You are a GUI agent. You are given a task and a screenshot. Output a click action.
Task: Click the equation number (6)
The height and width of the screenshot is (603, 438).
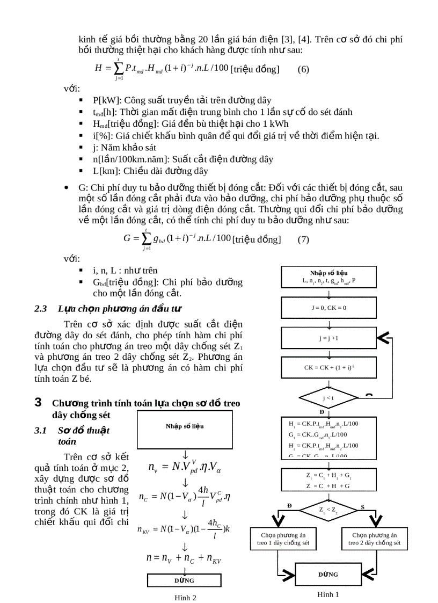click(x=303, y=69)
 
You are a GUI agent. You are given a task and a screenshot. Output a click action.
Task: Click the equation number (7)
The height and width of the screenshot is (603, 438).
click(x=303, y=239)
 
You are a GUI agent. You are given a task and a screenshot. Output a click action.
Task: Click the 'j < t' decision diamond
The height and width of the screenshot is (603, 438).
click(x=328, y=398)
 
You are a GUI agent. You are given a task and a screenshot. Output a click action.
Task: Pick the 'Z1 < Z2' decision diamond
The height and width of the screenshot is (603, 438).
click(x=328, y=509)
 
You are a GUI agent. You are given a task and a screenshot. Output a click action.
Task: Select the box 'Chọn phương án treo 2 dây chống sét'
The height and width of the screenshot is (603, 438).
click(x=374, y=539)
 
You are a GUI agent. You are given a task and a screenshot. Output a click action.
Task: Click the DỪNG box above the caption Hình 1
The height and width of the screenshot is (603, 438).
click(x=328, y=574)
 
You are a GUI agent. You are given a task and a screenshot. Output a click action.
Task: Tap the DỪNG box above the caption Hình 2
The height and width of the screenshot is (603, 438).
click(x=184, y=580)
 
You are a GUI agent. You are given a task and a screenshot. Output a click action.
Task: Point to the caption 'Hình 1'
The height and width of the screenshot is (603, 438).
click(x=328, y=594)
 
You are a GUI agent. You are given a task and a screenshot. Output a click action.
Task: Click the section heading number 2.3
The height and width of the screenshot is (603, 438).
click(x=41, y=309)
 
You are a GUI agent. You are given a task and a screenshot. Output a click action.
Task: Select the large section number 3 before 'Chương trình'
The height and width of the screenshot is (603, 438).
click(x=38, y=403)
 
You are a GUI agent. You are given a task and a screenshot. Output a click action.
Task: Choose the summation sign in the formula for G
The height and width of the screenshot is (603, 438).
click(x=144, y=239)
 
